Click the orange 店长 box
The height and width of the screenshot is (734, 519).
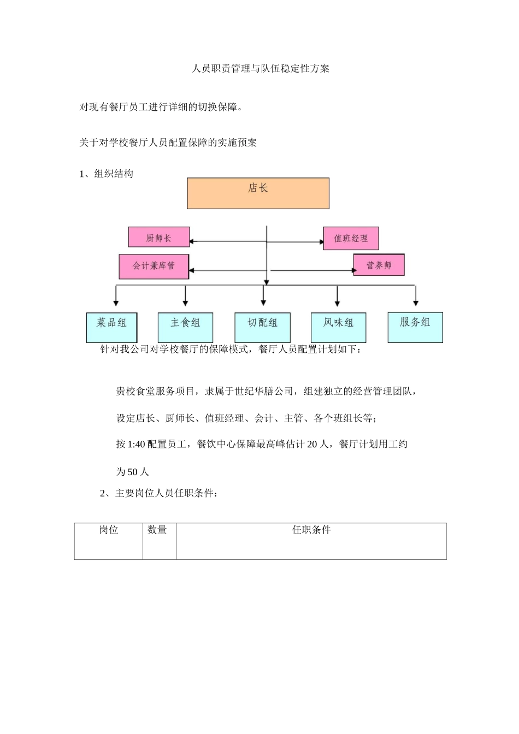258,193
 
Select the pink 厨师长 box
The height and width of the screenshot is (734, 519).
159,238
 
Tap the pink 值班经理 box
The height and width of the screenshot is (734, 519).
351,239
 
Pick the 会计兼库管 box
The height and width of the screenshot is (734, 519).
154,266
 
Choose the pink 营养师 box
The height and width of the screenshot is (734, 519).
379,265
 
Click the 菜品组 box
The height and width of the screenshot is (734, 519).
112,327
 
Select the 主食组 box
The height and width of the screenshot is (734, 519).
185,327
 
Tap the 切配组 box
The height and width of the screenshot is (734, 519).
262,327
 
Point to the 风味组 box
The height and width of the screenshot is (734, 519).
338,327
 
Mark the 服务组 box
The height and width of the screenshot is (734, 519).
415,327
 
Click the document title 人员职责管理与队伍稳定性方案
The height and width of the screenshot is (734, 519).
261,69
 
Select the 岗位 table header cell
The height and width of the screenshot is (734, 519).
109,530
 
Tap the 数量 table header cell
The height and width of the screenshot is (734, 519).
157,530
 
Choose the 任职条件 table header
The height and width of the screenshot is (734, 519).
311,530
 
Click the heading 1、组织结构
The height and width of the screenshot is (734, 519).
107,174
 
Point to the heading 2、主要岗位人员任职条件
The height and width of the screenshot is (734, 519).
160,494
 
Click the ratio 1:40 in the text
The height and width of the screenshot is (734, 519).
136,445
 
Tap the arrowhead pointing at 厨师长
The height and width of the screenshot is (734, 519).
192,241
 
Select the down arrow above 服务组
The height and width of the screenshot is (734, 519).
416,302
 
